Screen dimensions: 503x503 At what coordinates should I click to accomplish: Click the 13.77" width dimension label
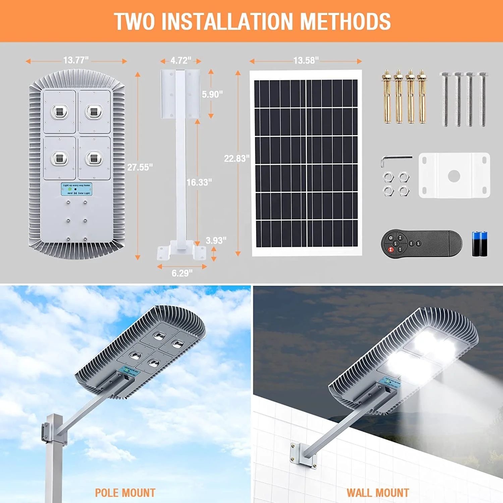pos(76,60)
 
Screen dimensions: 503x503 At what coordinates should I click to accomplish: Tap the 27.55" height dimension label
pos(140,167)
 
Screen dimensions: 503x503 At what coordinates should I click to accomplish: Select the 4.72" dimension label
pos(181,61)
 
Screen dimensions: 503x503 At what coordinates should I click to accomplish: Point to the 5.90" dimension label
pos(212,94)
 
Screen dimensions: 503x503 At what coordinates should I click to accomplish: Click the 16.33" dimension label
pos(199,182)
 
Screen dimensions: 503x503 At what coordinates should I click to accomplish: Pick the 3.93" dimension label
pos(216,240)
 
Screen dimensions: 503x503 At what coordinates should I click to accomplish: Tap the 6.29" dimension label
pos(182,273)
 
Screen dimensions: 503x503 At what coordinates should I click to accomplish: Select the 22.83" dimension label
pos(237,158)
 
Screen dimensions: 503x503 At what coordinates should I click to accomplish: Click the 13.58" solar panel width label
pos(306,60)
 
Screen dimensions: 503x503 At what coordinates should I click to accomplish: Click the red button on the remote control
pos(391,249)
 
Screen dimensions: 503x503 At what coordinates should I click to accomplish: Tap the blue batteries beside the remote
pos(480,244)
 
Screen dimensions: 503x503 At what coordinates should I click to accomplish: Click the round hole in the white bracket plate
pos(454,175)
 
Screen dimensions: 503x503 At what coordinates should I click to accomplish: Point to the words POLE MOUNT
pos(125,493)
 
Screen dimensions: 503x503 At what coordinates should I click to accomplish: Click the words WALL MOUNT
pos(378,493)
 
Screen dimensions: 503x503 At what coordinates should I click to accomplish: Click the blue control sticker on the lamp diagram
pos(76,189)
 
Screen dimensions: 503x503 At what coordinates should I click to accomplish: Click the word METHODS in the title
pos(345,21)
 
